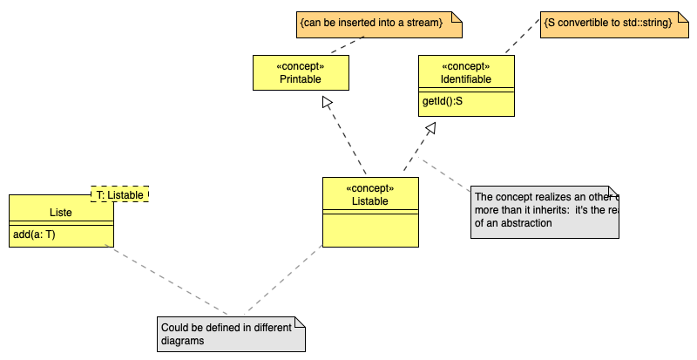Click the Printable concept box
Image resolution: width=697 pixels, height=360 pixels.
point(301,79)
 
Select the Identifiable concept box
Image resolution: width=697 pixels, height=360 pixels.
point(466,79)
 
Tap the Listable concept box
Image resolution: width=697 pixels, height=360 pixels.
point(370,201)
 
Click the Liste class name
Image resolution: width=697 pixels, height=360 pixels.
point(61,212)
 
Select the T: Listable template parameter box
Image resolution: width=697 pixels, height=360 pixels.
point(120,194)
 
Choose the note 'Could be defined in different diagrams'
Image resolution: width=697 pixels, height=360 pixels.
point(231,334)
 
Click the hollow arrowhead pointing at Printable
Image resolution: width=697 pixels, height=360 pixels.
point(328,103)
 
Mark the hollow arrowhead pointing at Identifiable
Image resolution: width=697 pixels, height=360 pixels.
point(430,128)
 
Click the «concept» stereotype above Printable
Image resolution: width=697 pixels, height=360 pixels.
point(301,66)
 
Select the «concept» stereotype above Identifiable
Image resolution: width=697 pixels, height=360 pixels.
point(466,66)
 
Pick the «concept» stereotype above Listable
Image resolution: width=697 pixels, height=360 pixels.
point(370,188)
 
